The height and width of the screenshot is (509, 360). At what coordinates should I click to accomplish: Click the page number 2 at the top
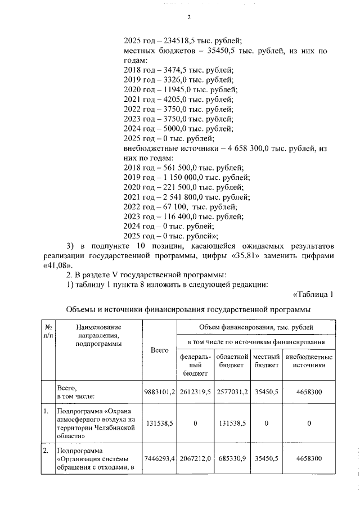(x=189, y=17)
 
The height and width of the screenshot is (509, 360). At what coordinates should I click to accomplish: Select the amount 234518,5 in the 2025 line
(x=183, y=40)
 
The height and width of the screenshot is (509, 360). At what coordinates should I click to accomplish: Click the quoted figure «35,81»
(x=283, y=256)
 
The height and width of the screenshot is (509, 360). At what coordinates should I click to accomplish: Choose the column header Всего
(x=160, y=350)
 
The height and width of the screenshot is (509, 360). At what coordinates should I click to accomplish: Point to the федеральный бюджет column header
(x=195, y=365)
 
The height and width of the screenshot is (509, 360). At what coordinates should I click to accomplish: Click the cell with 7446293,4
(x=160, y=459)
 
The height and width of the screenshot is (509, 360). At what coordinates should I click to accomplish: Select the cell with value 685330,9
(x=231, y=459)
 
